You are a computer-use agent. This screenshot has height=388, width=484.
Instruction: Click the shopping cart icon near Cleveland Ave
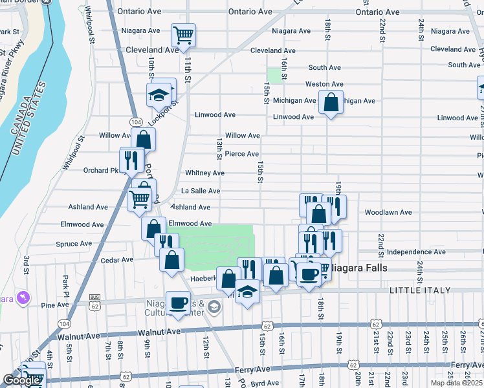click(x=184, y=34)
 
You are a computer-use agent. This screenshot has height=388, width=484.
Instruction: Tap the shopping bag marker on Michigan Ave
click(x=331, y=102)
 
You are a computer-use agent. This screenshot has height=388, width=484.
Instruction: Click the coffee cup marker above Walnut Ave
click(x=178, y=303)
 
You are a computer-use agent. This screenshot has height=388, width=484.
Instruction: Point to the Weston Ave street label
click(x=324, y=84)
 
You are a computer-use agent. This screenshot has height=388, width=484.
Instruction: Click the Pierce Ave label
click(x=242, y=154)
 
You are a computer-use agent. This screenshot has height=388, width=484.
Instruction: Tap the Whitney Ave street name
click(x=204, y=173)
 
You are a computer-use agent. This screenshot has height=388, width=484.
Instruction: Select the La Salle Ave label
click(x=200, y=191)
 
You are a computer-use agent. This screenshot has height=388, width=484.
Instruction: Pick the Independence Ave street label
click(x=416, y=252)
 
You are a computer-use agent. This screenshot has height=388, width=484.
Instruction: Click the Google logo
click(x=21, y=380)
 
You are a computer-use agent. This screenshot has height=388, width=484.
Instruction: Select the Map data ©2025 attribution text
click(x=456, y=383)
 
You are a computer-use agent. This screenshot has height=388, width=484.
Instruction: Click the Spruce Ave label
click(x=74, y=244)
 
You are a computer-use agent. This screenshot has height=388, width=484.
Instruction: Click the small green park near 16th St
click(x=276, y=74)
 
